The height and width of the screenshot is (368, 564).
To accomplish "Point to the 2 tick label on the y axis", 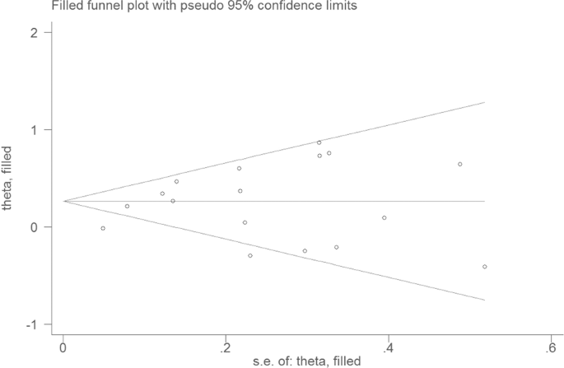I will point(34,33).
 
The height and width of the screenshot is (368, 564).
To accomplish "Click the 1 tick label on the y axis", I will point(34,130).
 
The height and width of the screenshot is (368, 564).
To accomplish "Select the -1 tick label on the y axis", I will point(31,324).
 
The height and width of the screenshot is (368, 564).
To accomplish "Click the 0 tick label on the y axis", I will point(34,227).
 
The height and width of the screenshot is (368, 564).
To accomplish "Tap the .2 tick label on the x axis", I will point(224,346).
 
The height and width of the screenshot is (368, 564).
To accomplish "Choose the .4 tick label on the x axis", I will point(387,346).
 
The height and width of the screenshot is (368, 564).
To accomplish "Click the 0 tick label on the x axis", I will point(63,346).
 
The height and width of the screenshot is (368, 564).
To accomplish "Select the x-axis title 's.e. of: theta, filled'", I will point(307,361).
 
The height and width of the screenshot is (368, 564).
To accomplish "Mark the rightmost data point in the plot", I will point(485,267).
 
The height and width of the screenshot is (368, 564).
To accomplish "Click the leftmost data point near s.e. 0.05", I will point(103,228).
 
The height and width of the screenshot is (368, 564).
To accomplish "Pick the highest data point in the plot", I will point(319,142).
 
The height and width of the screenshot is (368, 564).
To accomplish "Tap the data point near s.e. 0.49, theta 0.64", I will point(460,164).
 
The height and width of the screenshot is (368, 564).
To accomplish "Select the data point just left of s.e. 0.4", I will point(385,217).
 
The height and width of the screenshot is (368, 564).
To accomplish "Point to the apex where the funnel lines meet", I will point(64,201).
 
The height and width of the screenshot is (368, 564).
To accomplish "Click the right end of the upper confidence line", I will point(485,102).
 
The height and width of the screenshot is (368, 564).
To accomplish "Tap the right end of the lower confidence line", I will point(485,300).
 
